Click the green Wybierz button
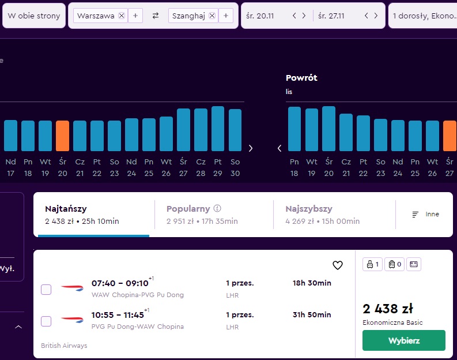point(403,340)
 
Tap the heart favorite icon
point(338,265)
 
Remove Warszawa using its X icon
point(122,16)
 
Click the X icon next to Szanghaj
point(212,16)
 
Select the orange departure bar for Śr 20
point(62,136)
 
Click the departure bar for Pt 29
point(218,129)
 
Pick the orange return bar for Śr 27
point(450,136)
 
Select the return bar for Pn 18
point(294,129)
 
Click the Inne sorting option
point(425,214)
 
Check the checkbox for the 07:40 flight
point(46,290)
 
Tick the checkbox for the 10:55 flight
point(46,321)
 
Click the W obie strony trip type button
point(34,16)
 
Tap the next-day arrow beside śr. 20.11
point(304,16)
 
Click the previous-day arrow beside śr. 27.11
point(367,16)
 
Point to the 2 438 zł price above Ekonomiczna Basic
point(388,309)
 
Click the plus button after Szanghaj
point(226,16)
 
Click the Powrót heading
point(301,78)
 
